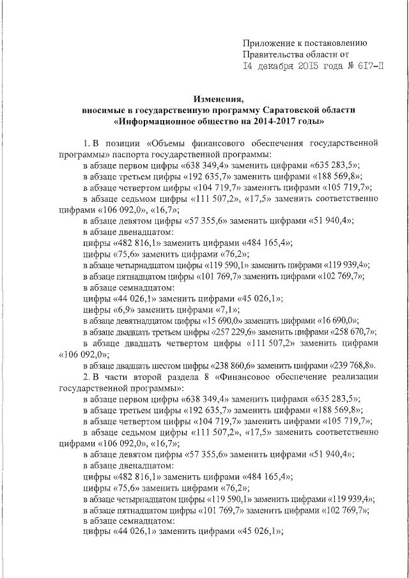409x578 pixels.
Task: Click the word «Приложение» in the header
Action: [268, 43]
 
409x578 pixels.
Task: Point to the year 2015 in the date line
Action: [313, 66]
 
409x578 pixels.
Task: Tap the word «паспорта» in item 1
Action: [134, 155]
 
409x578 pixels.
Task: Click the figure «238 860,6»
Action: [234, 365]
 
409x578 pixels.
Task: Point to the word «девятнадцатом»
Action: [141, 321]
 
